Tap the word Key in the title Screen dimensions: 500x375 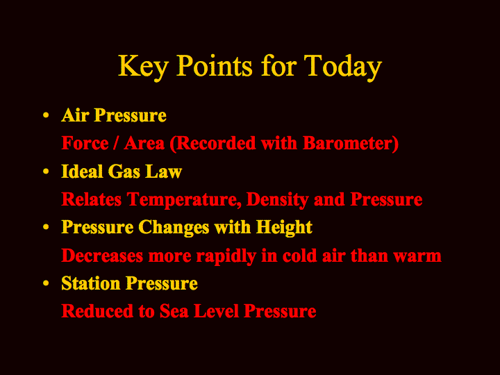(143, 67)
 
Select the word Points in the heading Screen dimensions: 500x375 (214, 65)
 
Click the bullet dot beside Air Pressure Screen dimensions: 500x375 (46, 115)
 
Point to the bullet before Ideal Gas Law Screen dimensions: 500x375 (46, 172)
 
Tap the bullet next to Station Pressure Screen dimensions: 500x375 (46, 283)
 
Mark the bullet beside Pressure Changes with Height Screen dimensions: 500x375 (46, 227)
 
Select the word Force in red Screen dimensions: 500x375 (85, 143)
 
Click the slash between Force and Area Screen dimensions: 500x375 (116, 143)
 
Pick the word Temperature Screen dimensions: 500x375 (184, 200)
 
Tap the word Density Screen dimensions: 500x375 (277, 200)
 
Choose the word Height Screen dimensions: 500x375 (285, 228)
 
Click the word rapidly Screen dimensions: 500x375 (226, 256)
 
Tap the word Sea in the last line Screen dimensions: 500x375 (174, 311)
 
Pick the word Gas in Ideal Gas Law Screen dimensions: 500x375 (124, 172)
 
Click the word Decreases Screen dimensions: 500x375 (102, 256)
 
